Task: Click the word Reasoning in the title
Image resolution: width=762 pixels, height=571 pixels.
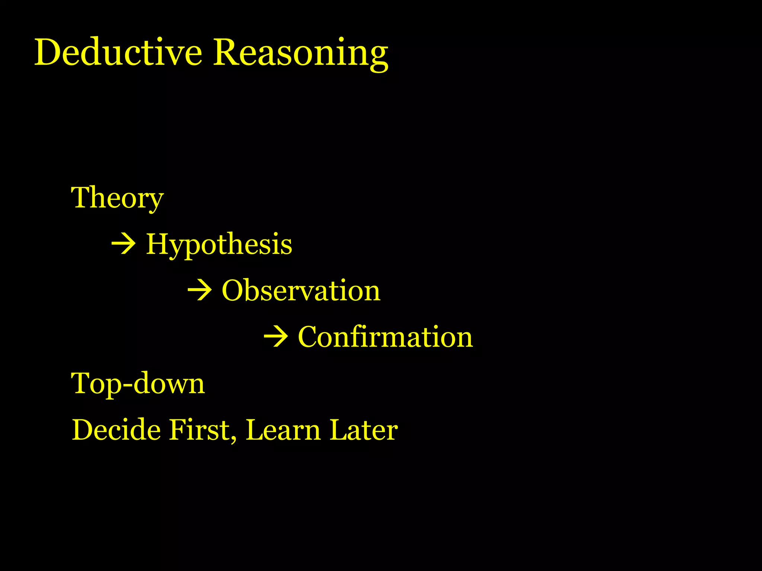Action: click(x=301, y=53)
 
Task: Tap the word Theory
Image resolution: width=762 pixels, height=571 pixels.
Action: click(x=117, y=198)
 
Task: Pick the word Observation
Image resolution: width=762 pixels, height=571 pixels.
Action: click(x=301, y=290)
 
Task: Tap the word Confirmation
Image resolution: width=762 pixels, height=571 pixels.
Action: click(x=385, y=337)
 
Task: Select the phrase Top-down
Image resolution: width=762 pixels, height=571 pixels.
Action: click(x=138, y=383)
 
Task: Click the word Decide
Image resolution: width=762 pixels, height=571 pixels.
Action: click(x=116, y=430)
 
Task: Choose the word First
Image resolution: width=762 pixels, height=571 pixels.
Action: click(x=200, y=430)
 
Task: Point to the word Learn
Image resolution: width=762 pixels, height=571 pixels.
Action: click(x=283, y=430)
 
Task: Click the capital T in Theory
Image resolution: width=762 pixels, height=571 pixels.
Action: click(x=81, y=197)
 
